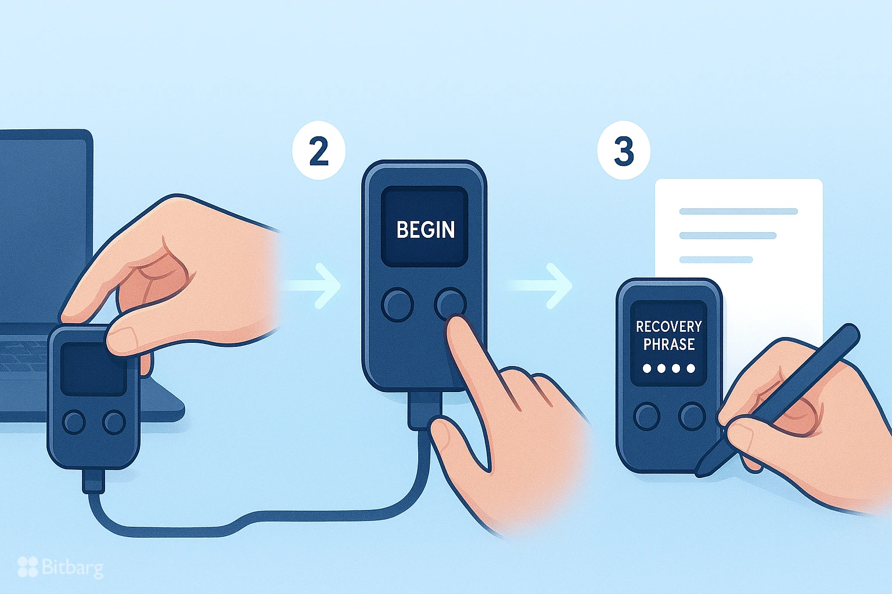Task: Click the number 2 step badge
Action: point(319,150)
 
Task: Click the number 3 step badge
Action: point(624,150)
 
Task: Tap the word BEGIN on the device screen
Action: point(425,230)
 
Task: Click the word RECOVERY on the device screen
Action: point(668,327)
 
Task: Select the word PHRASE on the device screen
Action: point(669,345)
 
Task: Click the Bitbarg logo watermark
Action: point(60,567)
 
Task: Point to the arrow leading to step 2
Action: point(312,285)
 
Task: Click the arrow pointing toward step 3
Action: point(542,285)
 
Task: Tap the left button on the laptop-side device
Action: point(74,422)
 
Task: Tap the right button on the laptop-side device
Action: point(114,422)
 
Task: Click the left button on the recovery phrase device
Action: point(647,416)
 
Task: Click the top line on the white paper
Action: point(738,211)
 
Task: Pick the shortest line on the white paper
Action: point(715,260)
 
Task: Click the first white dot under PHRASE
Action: point(647,369)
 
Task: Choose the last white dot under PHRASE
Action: point(691,369)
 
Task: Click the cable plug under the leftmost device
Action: point(93,481)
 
